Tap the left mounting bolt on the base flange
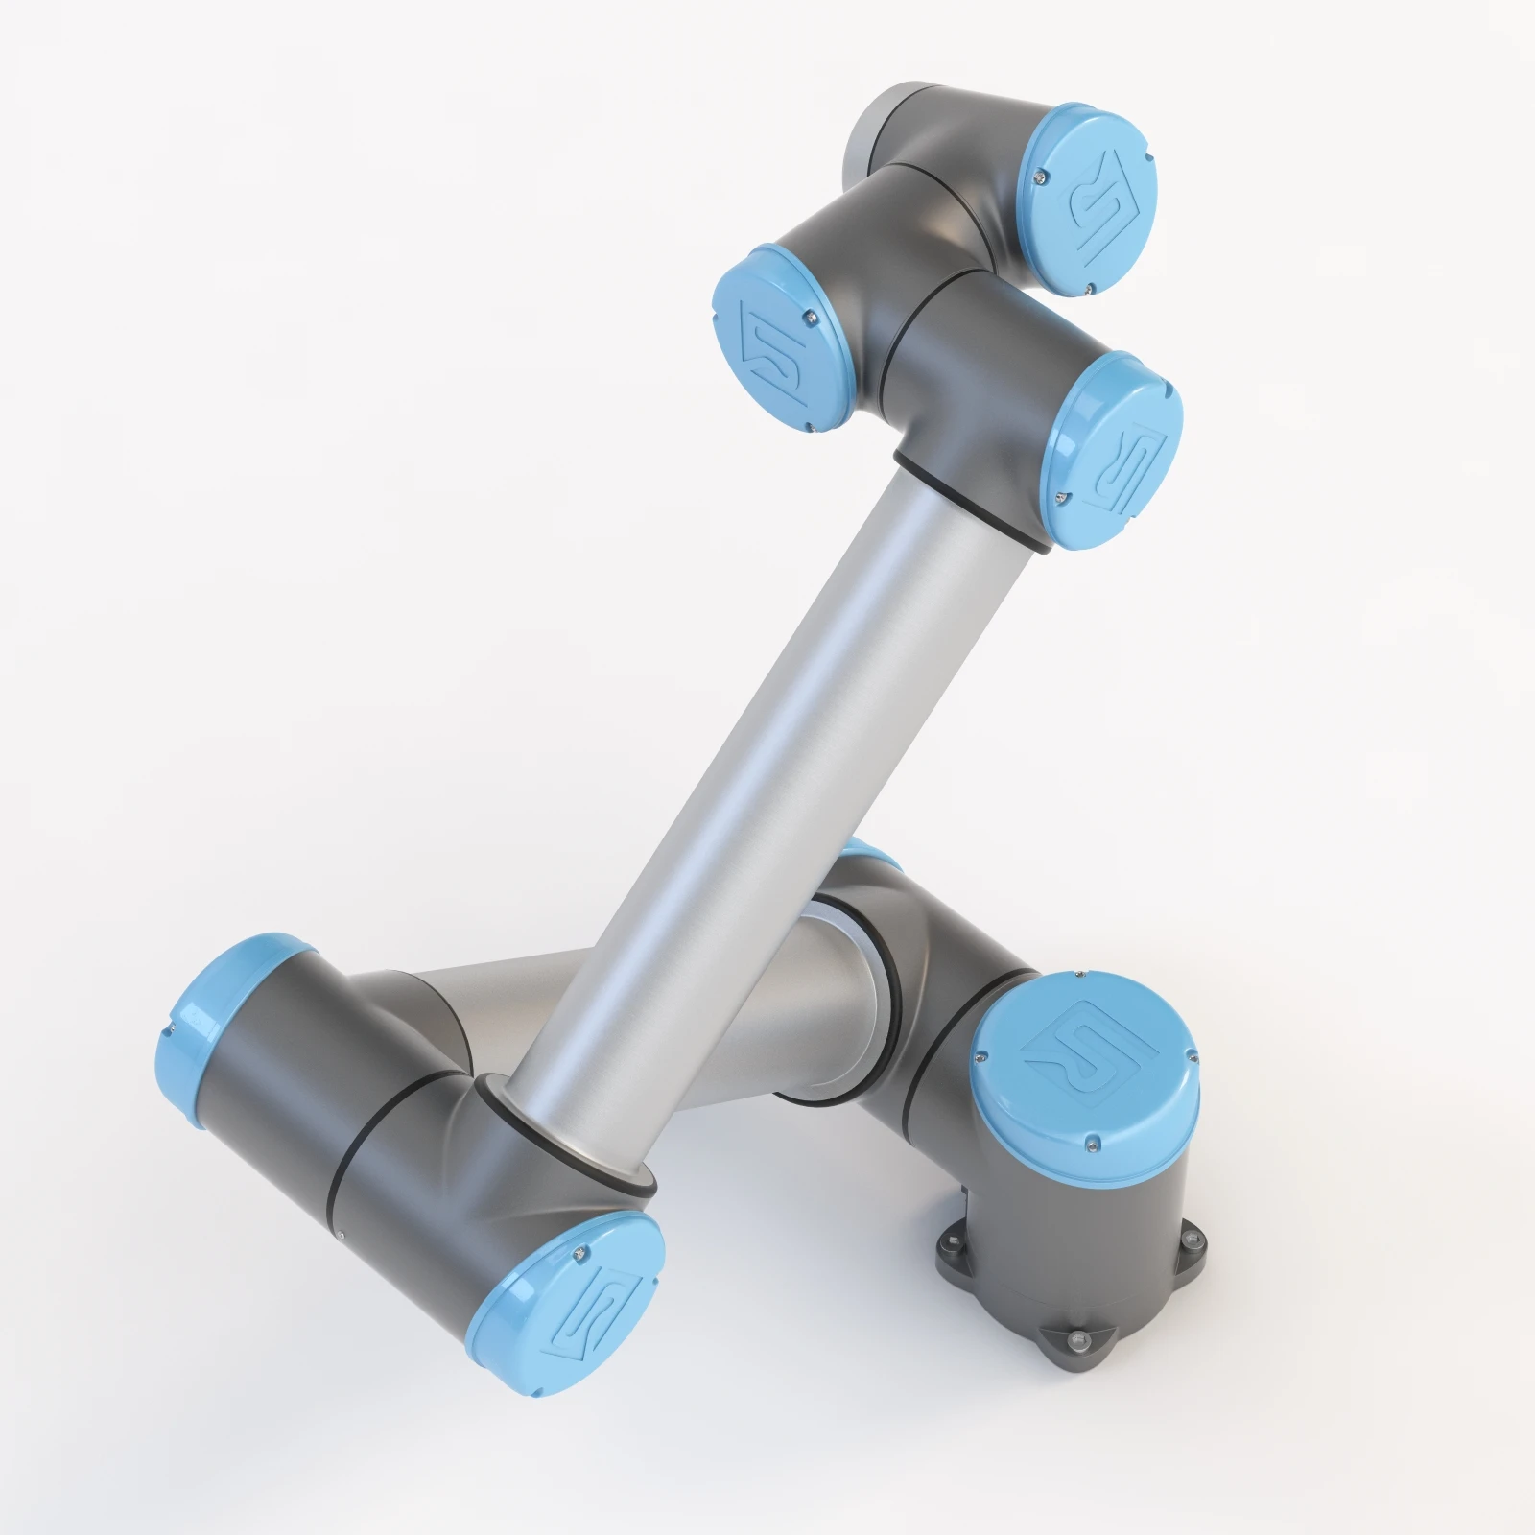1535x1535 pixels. pos(948,1243)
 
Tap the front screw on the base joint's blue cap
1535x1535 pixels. pos(1090,1142)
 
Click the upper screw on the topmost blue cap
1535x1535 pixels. pos(1043,175)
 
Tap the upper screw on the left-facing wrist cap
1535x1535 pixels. pos(811,312)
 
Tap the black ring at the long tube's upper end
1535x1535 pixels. pos(969,508)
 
